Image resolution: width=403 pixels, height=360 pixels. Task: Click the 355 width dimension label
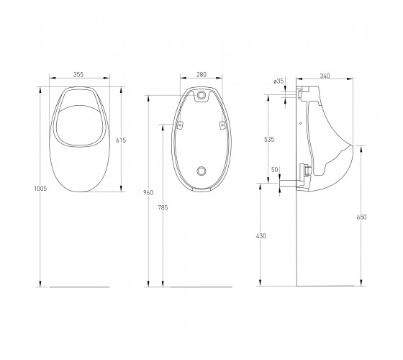78,75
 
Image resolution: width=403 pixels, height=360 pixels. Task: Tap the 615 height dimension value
121,140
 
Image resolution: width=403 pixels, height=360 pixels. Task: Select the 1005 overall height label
40,189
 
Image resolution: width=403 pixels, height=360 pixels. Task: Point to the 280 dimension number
201,75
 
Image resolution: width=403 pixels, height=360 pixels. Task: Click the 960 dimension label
148,193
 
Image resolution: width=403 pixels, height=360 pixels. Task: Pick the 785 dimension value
163,208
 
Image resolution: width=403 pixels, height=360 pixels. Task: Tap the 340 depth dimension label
325,76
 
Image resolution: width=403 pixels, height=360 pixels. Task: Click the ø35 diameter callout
279,81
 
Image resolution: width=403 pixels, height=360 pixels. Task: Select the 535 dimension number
269,140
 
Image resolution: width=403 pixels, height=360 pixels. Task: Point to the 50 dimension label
275,170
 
